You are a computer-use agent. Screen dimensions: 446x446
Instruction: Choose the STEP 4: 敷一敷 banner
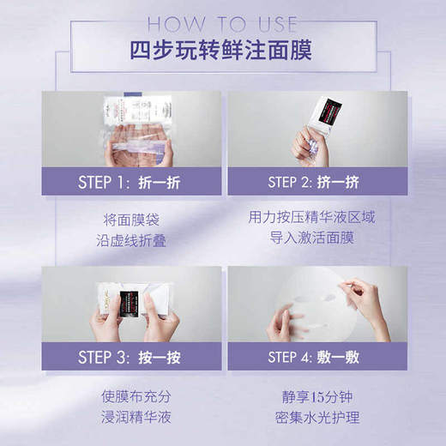314,356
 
